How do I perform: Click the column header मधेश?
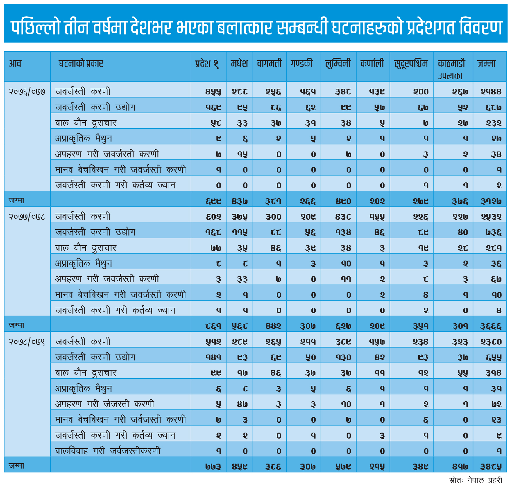click(x=239, y=63)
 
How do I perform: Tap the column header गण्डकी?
click(x=301, y=63)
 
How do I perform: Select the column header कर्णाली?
click(x=372, y=63)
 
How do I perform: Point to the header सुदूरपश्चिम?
click(x=411, y=64)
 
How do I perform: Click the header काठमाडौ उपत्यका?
click(x=451, y=69)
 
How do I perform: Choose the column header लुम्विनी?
click(x=338, y=64)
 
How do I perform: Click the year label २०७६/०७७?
click(x=27, y=92)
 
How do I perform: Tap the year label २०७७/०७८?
click(x=27, y=217)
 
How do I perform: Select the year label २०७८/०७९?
click(x=27, y=342)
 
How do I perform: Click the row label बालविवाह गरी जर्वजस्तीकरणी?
click(x=108, y=451)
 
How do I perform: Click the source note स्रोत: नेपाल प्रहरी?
click(x=475, y=480)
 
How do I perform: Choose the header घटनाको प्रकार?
click(x=81, y=64)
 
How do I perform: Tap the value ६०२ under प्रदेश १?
click(x=214, y=217)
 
